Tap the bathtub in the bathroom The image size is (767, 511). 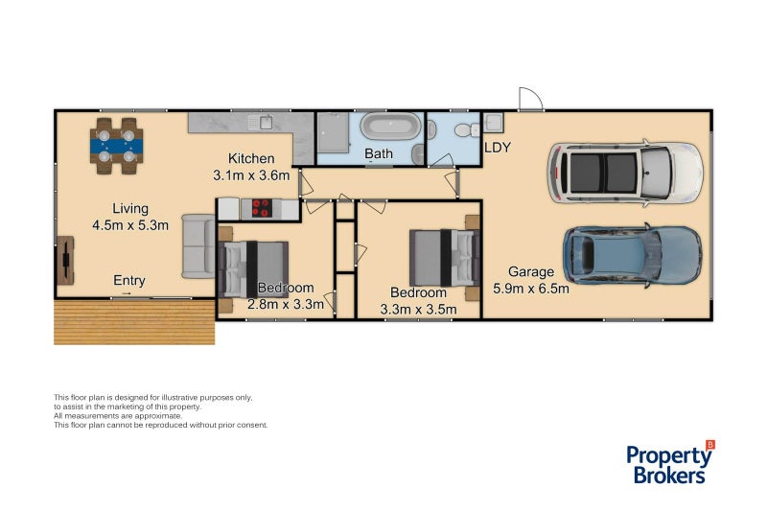389,128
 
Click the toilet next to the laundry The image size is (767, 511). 463,129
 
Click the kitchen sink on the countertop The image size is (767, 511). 261,122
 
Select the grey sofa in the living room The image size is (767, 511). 198,245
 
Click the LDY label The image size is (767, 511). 498,148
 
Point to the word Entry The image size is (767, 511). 129,281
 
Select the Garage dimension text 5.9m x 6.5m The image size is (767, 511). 531,288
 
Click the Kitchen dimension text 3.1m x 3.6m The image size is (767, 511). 250,175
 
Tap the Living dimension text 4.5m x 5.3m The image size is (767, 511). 130,226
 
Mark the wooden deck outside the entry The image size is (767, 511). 134,321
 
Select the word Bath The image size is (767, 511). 379,153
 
